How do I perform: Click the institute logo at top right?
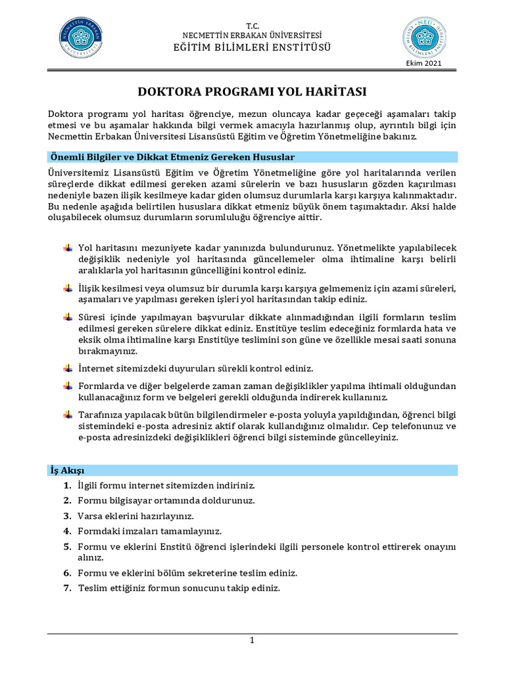[x=423, y=37]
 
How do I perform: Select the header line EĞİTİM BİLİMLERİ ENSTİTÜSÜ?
[x=252, y=47]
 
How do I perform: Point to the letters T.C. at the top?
[x=252, y=24]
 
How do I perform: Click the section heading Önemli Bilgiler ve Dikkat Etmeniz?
[x=172, y=157]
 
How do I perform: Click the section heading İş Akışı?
[x=67, y=471]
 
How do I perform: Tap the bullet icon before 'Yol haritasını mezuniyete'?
[x=68, y=248]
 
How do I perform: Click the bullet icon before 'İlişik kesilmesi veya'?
[x=68, y=289]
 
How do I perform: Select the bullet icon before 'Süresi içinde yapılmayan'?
[x=68, y=317]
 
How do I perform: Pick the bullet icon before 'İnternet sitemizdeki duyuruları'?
[x=68, y=368]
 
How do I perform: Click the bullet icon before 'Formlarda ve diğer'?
[x=68, y=386]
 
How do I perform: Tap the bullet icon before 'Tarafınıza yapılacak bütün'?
[x=68, y=415]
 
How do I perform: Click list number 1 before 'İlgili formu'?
[x=67, y=486]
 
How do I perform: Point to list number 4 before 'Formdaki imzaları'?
[x=67, y=530]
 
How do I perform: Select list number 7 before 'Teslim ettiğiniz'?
[x=67, y=588]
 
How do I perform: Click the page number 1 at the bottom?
[x=252, y=641]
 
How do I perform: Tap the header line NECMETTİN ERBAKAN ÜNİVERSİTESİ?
[x=252, y=35]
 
